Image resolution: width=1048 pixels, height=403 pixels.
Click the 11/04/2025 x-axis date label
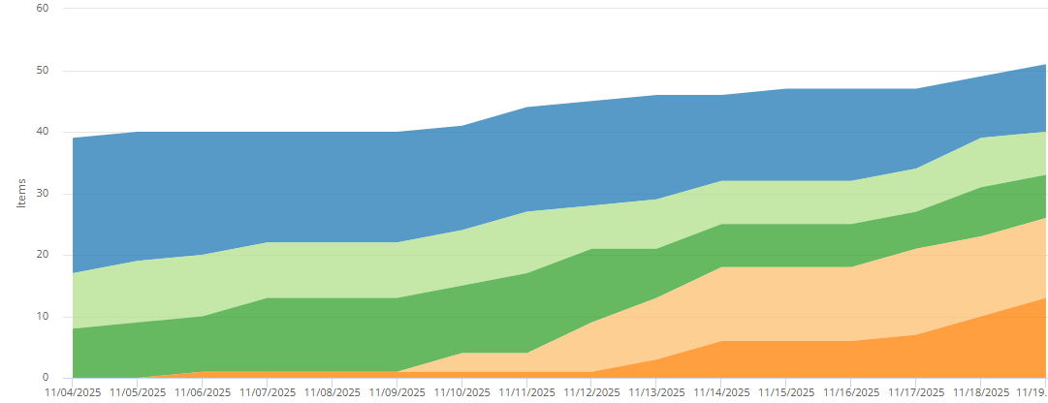(x=73, y=393)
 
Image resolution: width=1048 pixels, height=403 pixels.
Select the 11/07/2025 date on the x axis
(x=268, y=393)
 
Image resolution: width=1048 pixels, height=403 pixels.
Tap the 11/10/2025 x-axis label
(x=462, y=393)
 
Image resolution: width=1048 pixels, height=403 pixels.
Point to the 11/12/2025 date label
(x=592, y=393)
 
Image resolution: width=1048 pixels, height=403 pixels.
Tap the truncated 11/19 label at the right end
(x=1032, y=393)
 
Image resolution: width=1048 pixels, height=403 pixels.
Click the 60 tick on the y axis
(x=42, y=8)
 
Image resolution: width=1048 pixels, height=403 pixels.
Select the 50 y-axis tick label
(x=42, y=71)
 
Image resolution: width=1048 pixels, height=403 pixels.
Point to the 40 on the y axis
(x=42, y=132)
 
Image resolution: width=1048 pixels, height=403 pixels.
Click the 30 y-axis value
(x=42, y=194)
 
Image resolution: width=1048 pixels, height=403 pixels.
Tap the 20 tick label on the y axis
(x=42, y=255)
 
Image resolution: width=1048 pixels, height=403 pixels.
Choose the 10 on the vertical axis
(x=42, y=317)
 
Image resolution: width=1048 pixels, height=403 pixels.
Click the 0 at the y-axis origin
(x=45, y=378)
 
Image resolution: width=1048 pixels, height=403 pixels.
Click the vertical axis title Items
(x=20, y=193)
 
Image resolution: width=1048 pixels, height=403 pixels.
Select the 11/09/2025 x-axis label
(x=397, y=393)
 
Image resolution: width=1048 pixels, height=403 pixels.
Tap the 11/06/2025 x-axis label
(x=203, y=393)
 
